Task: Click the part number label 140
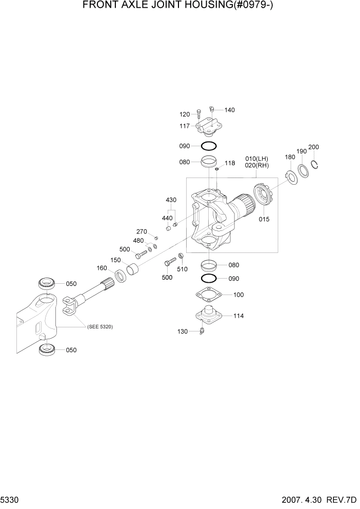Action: [x=229, y=110]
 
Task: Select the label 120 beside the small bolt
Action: [x=185, y=114]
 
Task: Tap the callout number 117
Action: [x=185, y=126]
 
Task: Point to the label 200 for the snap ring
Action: [x=314, y=147]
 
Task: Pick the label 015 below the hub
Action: [x=264, y=219]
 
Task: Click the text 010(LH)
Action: [x=257, y=159]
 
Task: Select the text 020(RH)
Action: [x=257, y=165]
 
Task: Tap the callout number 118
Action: [x=229, y=163]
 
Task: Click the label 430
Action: [x=171, y=200]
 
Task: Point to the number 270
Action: [x=142, y=231]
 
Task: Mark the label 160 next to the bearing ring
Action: [x=102, y=268]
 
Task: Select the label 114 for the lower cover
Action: [x=238, y=316]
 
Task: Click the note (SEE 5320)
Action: [x=100, y=327]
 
